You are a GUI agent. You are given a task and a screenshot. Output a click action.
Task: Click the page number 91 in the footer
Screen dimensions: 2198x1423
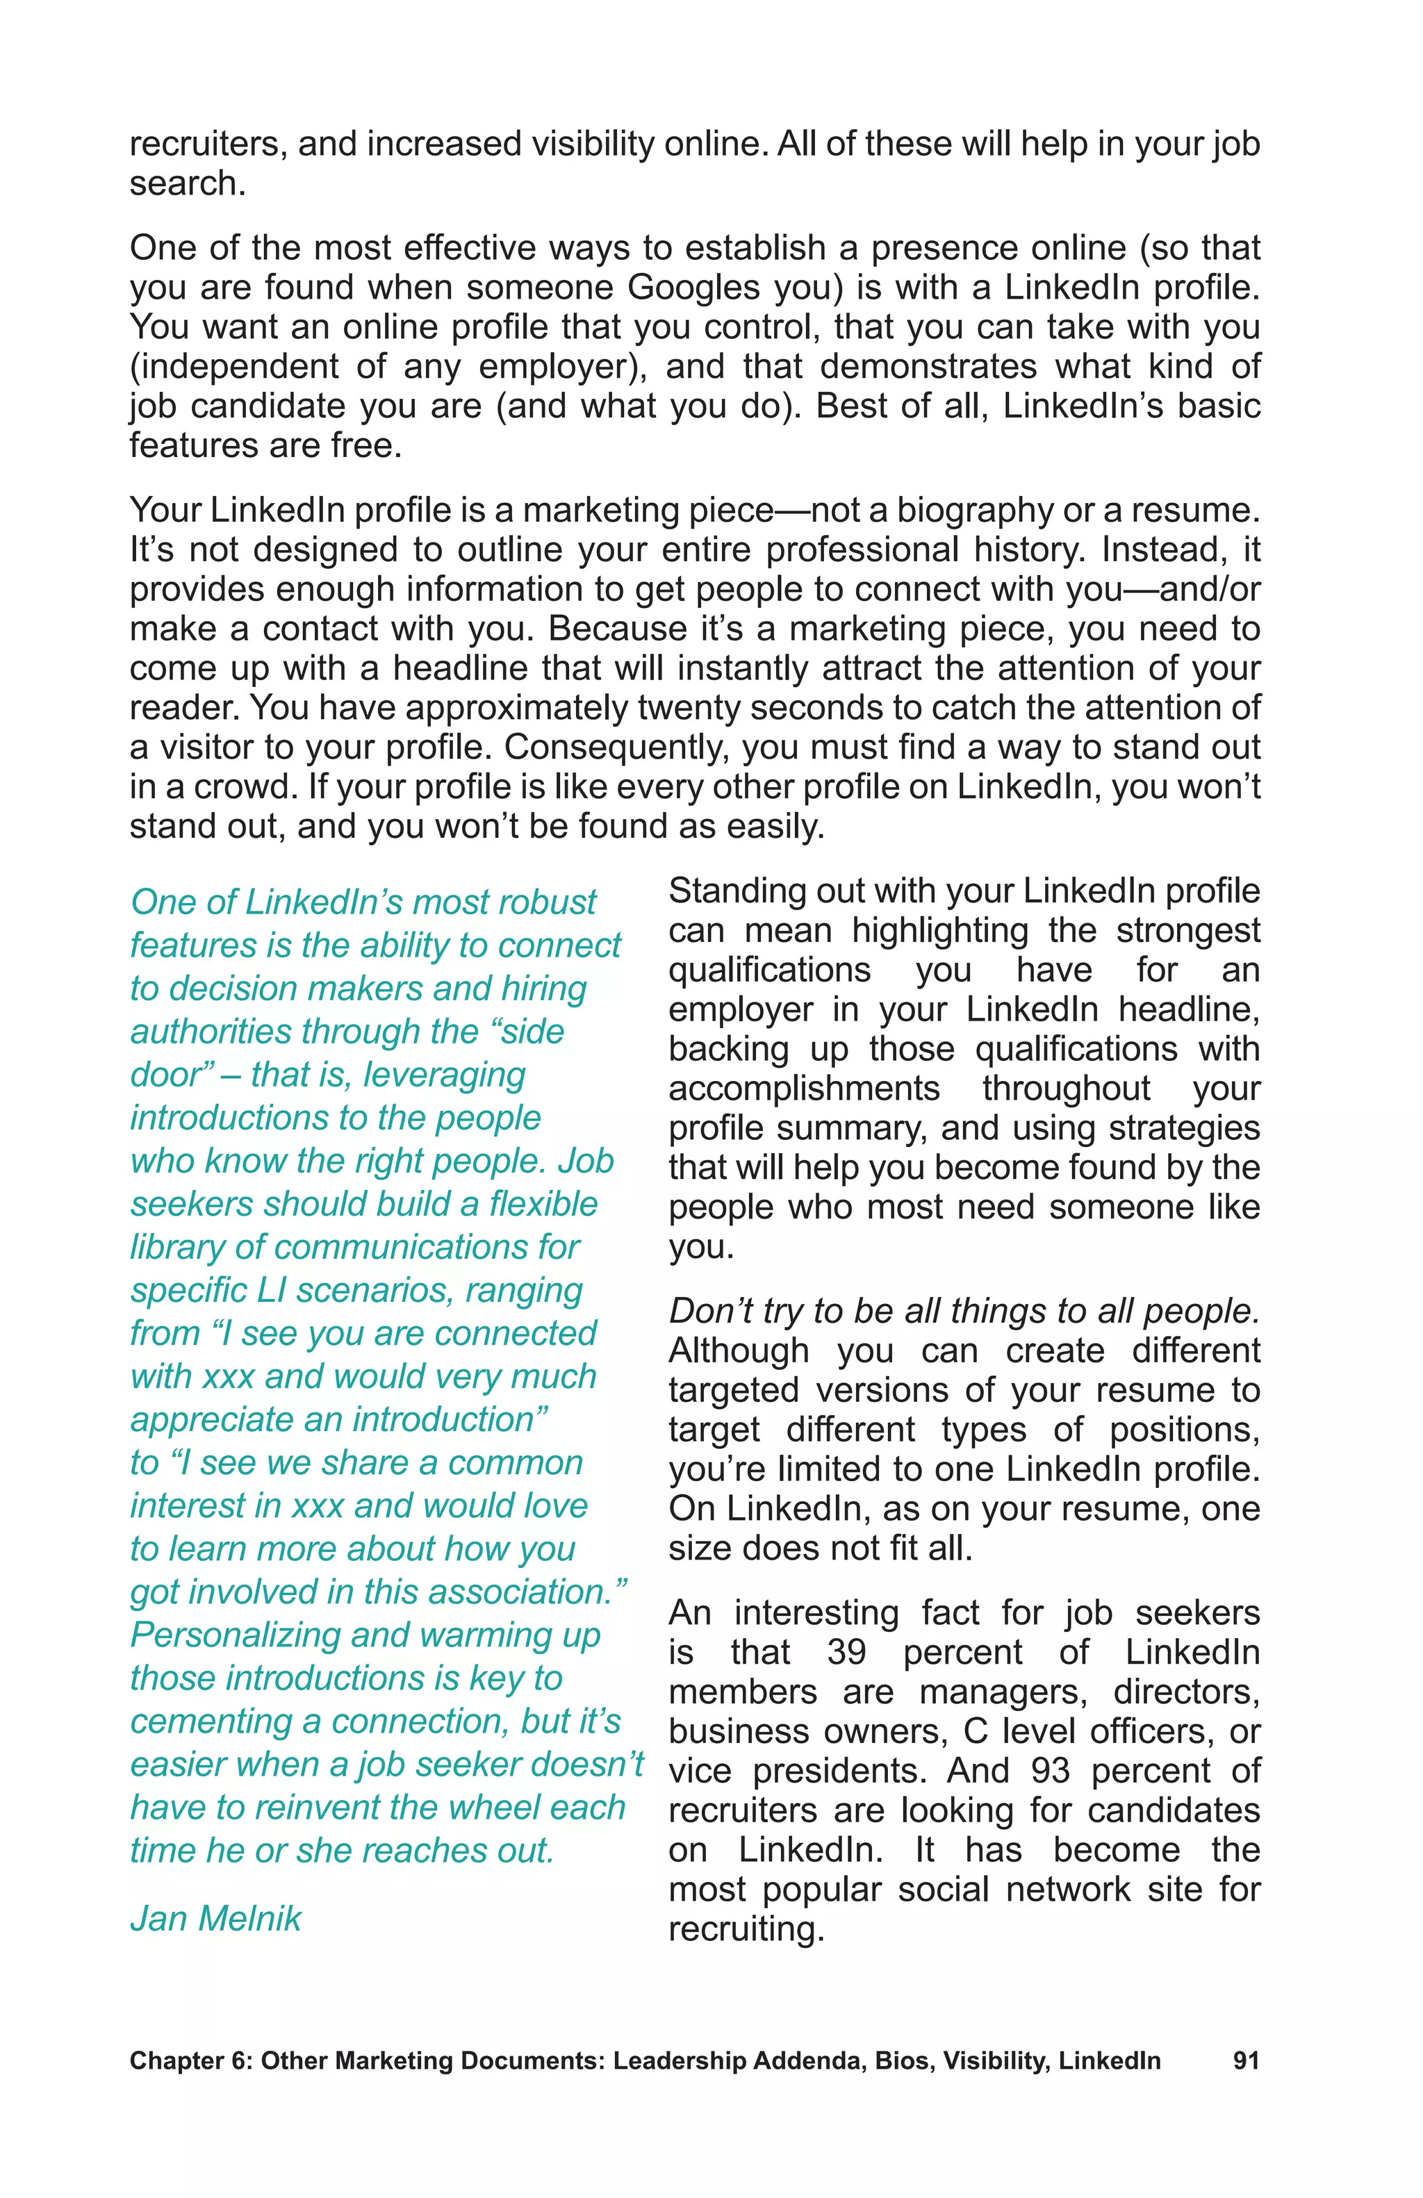[x=1245, y=2060]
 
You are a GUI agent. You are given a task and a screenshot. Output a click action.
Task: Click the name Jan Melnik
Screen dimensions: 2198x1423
[x=215, y=1918]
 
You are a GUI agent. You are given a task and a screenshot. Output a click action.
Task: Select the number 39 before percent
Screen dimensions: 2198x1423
[x=846, y=1651]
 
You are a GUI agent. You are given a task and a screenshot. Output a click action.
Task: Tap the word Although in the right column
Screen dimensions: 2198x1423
[x=739, y=1351]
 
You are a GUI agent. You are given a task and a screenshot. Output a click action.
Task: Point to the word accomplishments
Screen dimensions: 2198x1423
[x=803, y=1089]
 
